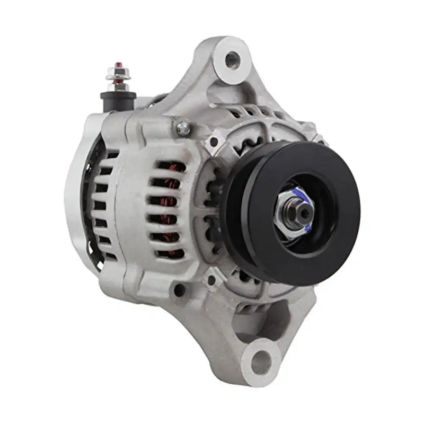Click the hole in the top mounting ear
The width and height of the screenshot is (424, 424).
pos(231,58)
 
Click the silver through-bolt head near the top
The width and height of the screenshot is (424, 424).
pos(183,127)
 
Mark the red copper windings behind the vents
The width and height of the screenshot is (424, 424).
pos(169,207)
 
